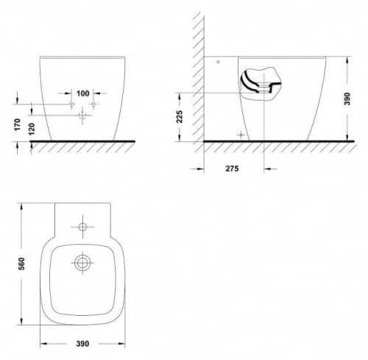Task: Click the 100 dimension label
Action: click(83, 93)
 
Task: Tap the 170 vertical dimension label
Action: click(18, 124)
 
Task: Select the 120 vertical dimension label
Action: click(32, 129)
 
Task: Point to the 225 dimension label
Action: click(180, 116)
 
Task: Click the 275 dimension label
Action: click(232, 169)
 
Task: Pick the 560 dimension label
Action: click(22, 264)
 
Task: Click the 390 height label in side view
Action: click(347, 99)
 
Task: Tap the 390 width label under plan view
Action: click(82, 344)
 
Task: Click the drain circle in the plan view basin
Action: click(82, 263)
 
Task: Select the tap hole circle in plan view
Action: click(82, 227)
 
